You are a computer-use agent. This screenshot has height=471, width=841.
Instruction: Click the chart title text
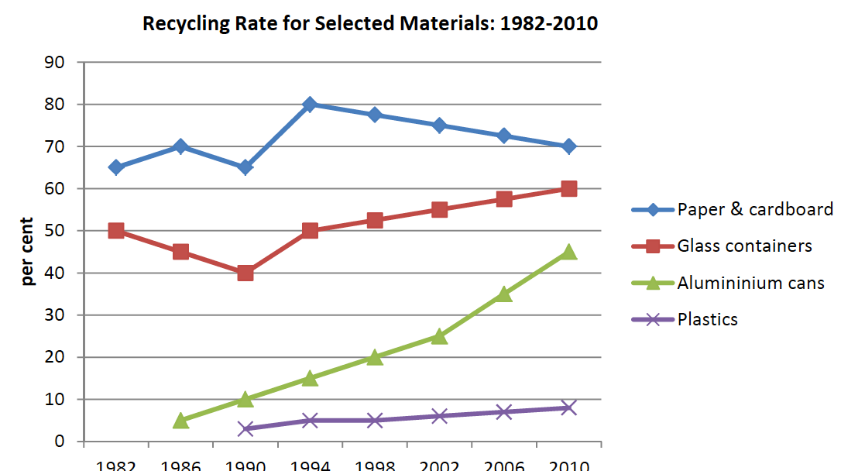(370, 23)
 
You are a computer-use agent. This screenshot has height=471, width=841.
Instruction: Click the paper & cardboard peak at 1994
(310, 105)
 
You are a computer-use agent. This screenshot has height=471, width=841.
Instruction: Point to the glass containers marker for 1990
(245, 273)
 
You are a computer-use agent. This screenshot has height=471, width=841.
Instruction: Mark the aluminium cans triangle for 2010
(568, 252)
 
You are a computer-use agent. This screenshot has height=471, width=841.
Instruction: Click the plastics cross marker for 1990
(245, 428)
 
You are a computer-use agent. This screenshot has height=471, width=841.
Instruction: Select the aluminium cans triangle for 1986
(180, 421)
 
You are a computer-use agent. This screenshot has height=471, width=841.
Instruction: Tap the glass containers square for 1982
(116, 231)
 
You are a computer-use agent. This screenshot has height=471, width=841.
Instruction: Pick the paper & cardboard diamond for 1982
(116, 167)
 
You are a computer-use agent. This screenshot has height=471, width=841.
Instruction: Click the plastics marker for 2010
(568, 407)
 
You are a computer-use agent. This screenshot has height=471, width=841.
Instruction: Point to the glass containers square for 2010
(568, 189)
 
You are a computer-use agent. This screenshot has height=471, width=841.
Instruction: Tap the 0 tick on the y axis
(58, 442)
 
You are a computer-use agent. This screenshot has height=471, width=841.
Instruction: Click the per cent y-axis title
(29, 252)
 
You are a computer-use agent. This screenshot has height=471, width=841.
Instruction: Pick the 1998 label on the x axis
(374, 466)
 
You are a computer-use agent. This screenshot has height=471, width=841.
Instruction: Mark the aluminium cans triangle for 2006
(504, 294)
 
